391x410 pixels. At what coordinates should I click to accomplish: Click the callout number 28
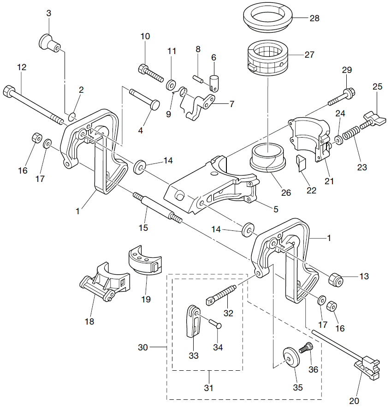(314, 18)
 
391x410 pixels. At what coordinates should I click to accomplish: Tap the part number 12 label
(22, 67)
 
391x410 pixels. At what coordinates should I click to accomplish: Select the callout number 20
(355, 400)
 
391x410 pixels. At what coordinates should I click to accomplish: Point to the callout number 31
(209, 388)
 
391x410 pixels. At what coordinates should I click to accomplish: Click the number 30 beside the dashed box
(143, 347)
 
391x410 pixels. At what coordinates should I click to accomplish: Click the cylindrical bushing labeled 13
(336, 278)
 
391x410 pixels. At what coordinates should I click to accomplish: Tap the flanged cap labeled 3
(47, 42)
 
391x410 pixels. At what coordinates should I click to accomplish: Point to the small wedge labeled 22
(301, 163)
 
